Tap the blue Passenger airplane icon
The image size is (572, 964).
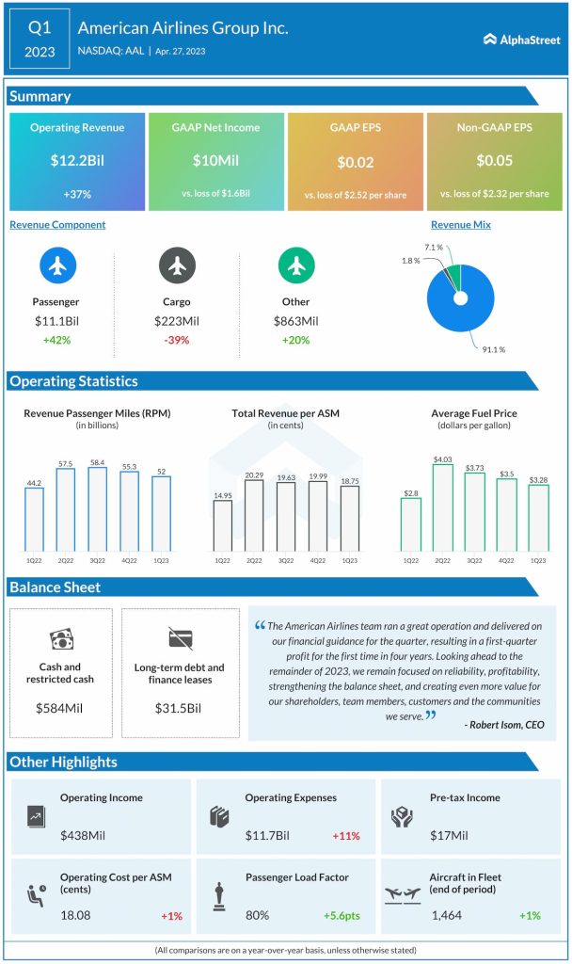57,266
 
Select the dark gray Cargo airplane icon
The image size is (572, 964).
176,266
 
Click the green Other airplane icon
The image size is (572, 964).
295,266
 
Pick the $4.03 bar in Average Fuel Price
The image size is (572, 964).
443,506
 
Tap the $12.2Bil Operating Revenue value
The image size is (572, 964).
77,161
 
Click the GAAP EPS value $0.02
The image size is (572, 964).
356,162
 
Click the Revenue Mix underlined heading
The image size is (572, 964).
460,225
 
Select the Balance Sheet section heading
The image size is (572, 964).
55,587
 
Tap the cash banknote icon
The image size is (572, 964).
60,639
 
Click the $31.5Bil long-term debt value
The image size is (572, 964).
180,707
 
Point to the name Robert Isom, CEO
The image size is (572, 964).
503,724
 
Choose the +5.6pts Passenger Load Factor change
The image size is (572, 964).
344,915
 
